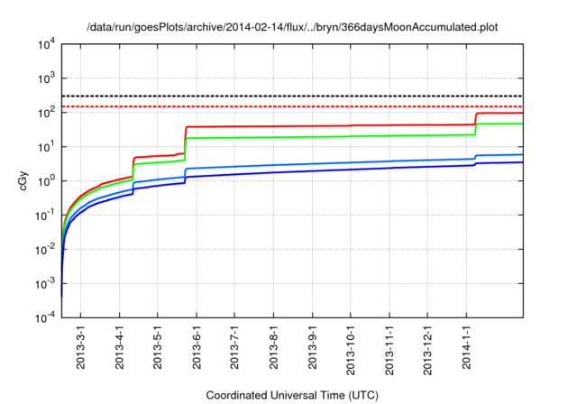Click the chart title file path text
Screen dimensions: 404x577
click(292, 27)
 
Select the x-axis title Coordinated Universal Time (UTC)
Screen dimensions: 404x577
click(292, 395)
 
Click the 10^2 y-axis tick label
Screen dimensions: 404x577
click(47, 113)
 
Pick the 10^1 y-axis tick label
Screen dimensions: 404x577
click(47, 147)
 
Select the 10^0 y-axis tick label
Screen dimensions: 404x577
click(47, 181)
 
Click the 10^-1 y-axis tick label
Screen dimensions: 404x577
click(45, 216)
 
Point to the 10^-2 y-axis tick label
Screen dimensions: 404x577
click(45, 249)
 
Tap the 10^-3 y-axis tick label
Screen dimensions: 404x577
click(45, 283)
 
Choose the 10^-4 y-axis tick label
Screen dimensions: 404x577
click(45, 317)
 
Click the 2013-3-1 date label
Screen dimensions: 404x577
click(81, 348)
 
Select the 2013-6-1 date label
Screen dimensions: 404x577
click(197, 348)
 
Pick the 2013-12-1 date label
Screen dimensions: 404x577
click(427, 348)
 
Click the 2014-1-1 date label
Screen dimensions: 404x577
click(466, 348)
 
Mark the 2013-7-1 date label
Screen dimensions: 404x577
click(234, 348)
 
